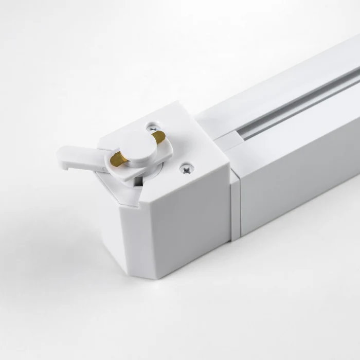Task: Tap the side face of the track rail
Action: pyautogui.click(x=298, y=175)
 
